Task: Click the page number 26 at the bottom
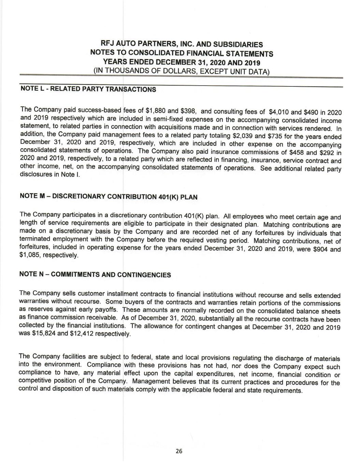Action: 179,451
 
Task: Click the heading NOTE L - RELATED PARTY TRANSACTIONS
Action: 88,89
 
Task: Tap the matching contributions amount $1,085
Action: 29,255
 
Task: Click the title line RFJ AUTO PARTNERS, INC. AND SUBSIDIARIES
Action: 182,44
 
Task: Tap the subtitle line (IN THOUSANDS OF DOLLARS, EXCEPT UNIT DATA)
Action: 182,71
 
